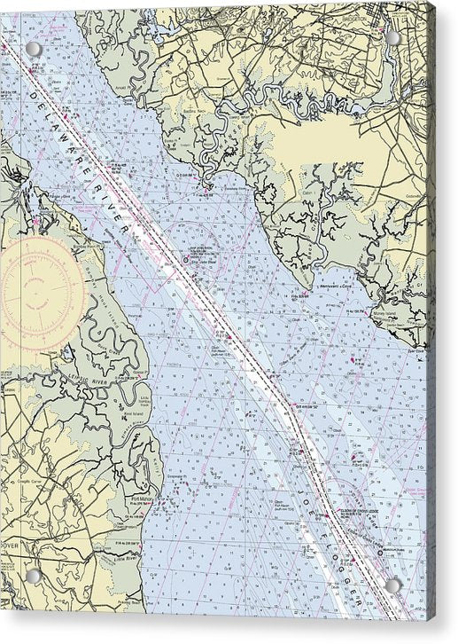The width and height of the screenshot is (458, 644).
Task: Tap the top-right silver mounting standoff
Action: pyautogui.click(x=392, y=37)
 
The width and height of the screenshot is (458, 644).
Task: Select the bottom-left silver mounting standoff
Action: pyautogui.click(x=33, y=576)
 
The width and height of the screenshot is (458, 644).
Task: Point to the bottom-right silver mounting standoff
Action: pyautogui.click(x=392, y=585)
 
